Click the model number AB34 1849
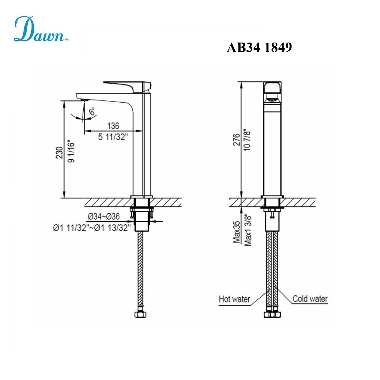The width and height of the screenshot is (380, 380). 259,48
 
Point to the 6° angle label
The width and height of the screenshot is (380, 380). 92,112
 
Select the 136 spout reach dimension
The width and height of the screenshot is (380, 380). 113,126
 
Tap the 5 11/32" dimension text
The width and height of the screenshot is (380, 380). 113,137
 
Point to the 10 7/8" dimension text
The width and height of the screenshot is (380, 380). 248,141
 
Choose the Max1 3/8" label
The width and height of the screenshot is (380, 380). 248,230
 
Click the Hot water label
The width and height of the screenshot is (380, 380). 234,299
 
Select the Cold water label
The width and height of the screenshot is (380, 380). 310,299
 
